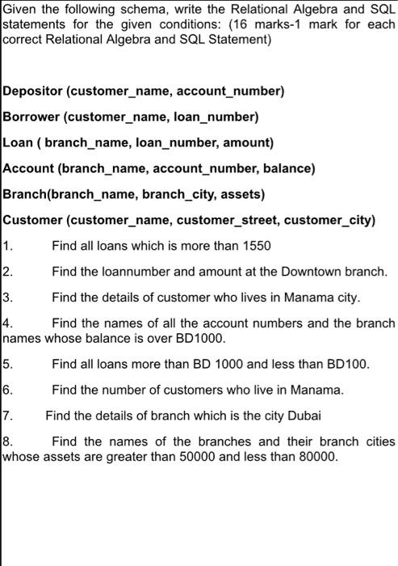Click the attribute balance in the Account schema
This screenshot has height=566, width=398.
287,169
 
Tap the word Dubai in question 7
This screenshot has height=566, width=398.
303,416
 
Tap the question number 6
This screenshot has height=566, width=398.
8,390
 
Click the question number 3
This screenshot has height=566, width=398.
8,297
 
